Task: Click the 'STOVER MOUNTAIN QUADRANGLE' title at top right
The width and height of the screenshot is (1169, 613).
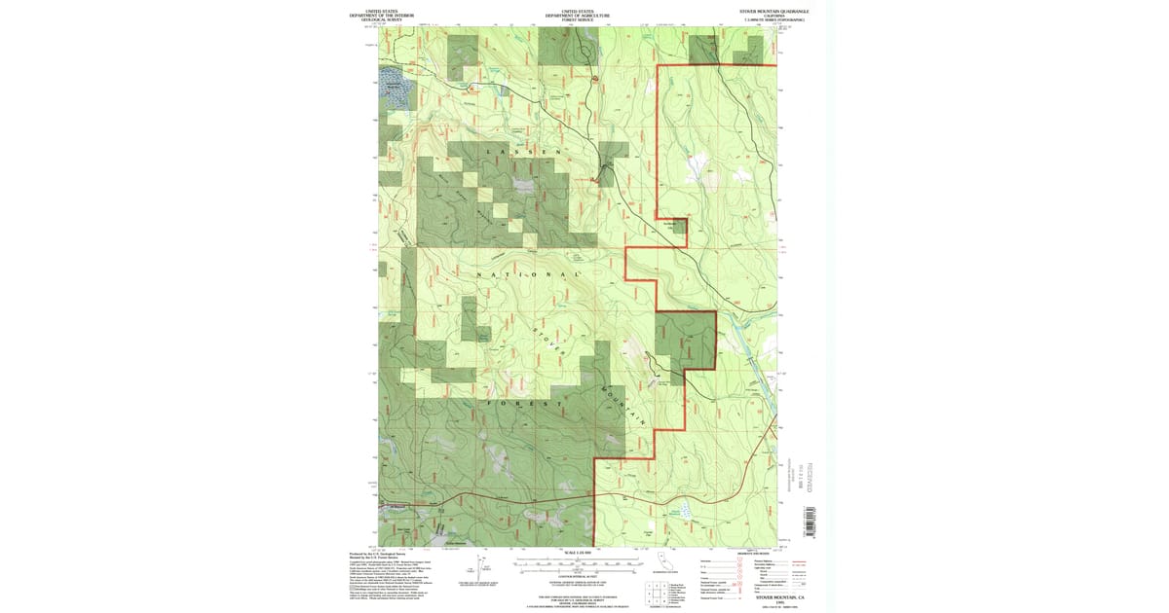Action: tap(773, 11)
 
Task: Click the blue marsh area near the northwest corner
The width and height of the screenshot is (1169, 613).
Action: tap(395, 82)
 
